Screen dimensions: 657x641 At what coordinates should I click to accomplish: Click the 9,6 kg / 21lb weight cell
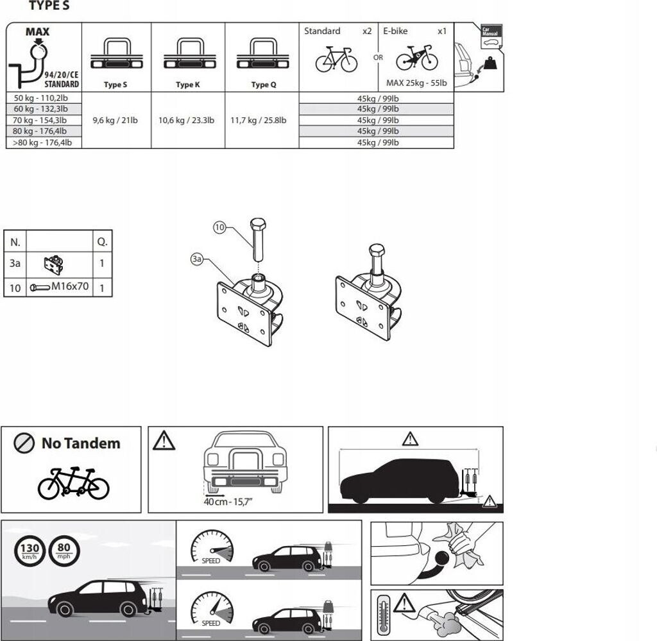pos(115,120)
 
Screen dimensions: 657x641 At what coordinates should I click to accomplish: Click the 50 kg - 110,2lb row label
pos(41,98)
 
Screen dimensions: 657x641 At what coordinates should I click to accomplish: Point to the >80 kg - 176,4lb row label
pos(44,142)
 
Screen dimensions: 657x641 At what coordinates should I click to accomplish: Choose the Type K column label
pos(187,85)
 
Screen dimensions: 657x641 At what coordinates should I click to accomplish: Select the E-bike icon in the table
pos(416,60)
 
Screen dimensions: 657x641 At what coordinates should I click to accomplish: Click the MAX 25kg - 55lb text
pos(416,83)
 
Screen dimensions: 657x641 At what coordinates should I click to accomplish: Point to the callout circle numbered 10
pos(220,227)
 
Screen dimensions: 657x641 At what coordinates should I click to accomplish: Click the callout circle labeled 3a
pos(197,259)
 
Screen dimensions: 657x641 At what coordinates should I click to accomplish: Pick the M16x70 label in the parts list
pos(70,287)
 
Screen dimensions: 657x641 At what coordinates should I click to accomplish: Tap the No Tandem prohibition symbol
pos(25,443)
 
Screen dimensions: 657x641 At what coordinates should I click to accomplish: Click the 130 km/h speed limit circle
pos(28,550)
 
